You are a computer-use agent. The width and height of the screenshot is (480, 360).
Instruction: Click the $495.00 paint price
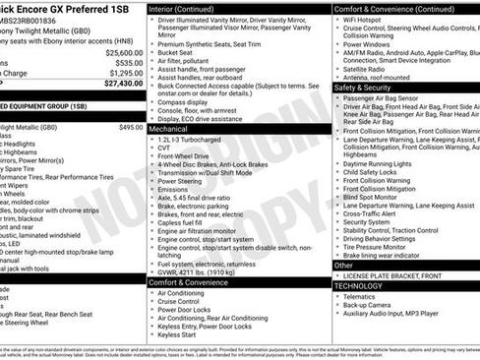pyautogui.click(x=130, y=127)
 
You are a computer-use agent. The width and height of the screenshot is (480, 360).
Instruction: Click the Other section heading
pyautogui.click(x=343, y=265)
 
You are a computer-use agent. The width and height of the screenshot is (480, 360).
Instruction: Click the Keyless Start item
pyautogui.click(x=177, y=333)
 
